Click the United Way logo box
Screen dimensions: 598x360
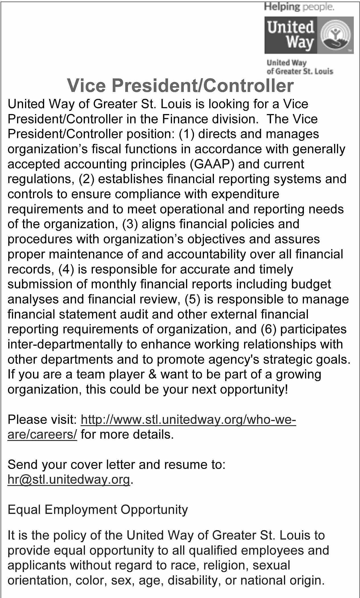coord(309,35)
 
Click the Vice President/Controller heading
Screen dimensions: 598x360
coord(180,86)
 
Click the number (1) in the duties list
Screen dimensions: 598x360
coord(186,134)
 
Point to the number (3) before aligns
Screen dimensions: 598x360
coord(130,224)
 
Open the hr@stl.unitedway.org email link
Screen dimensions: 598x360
coord(69,480)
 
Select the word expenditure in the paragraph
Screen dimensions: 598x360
coord(245,194)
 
